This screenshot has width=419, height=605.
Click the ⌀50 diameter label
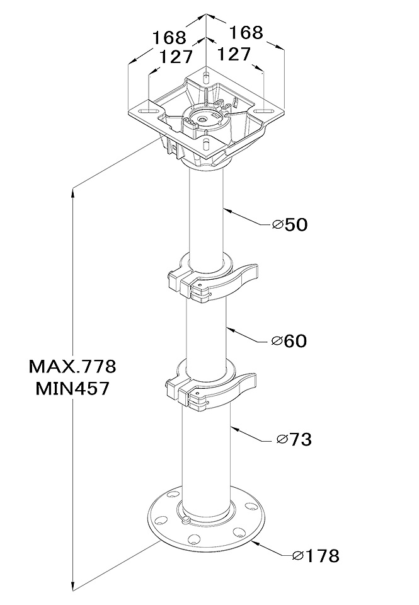pyautogui.click(x=289, y=224)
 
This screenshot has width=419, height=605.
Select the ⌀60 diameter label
pyautogui.click(x=289, y=341)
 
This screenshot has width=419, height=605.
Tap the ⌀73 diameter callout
pyautogui.click(x=294, y=439)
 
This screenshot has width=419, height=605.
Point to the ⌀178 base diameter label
pyautogui.click(x=316, y=556)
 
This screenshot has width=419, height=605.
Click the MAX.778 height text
pyautogui.click(x=72, y=366)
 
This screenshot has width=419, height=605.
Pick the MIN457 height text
pyautogui.click(x=72, y=388)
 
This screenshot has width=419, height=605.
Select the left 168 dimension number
pyautogui.click(x=169, y=37)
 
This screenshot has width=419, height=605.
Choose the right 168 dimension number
pyautogui.click(x=246, y=32)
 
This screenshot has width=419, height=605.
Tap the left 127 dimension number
pyautogui.click(x=176, y=57)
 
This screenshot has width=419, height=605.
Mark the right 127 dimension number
pyautogui.click(x=234, y=54)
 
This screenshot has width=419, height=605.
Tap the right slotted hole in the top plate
pyautogui.click(x=263, y=111)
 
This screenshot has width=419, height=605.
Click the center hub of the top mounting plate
pyautogui.click(x=202, y=119)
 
